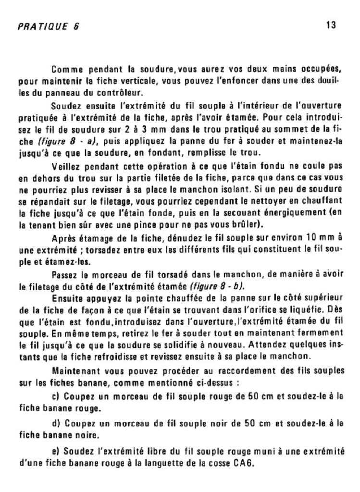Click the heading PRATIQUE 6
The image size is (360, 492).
[x=48, y=27]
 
